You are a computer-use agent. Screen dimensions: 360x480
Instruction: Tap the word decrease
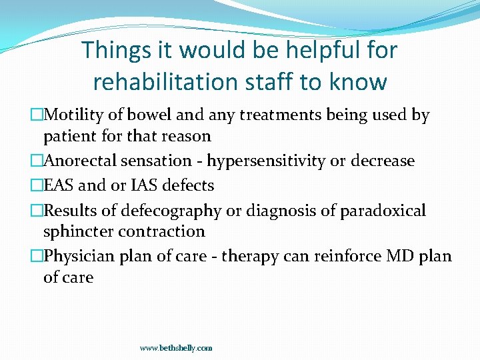[x=383, y=161]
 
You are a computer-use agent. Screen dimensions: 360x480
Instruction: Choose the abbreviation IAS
[x=129, y=185]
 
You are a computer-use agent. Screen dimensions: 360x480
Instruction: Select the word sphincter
[x=77, y=231]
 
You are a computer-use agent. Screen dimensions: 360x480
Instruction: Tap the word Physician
[x=81, y=256]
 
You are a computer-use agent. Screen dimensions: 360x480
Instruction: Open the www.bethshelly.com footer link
[x=176, y=348]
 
